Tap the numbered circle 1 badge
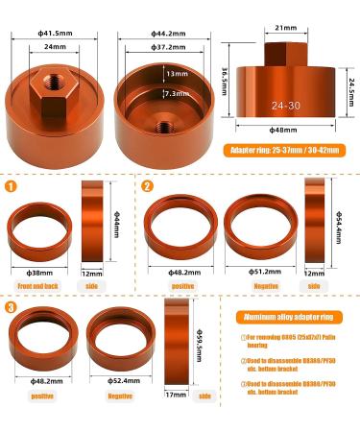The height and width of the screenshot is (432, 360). click(x=12, y=187)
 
